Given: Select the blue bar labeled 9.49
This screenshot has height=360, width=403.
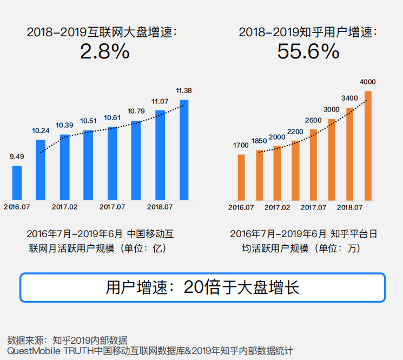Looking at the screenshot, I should (17, 182).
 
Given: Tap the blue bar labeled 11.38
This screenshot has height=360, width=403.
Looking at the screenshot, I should (184, 149).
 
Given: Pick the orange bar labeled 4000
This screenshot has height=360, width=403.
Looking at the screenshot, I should (368, 145).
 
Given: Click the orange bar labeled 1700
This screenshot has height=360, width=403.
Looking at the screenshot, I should (241, 177).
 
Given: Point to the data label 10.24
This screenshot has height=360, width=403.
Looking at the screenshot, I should (41, 130).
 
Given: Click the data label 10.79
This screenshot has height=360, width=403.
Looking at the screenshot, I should (136, 112).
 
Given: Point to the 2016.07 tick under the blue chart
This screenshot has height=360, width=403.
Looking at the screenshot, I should (17, 206).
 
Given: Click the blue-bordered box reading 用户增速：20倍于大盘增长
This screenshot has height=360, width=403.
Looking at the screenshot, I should (202, 287).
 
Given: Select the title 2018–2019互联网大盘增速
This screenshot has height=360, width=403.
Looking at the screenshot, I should (103, 32).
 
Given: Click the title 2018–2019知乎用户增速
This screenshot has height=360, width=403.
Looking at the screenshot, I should (307, 32).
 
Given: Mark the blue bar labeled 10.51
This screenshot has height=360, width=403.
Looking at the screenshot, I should (88, 165).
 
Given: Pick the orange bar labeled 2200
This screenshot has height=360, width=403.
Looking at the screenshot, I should (295, 170).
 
